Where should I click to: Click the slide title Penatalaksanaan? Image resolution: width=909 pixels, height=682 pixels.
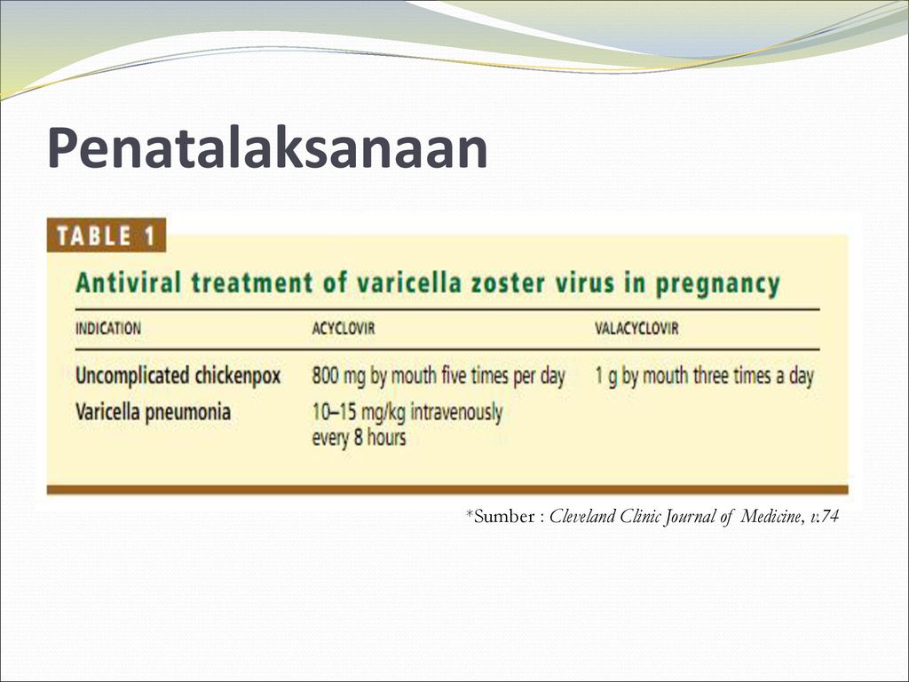tap(267, 147)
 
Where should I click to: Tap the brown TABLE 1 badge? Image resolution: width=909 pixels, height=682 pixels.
tap(107, 235)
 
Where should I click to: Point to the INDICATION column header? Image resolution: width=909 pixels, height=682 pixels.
tap(108, 329)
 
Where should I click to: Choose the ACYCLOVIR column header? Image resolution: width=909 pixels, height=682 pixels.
tap(344, 329)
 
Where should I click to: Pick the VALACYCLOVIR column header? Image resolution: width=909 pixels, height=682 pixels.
tap(636, 329)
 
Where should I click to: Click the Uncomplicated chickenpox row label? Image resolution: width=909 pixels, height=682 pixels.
tap(178, 376)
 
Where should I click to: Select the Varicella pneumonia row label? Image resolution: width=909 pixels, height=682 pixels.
tap(153, 412)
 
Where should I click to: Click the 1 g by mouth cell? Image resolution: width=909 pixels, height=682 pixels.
tap(704, 376)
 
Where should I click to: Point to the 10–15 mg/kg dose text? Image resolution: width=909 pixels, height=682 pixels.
tap(359, 412)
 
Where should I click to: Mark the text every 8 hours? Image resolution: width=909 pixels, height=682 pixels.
tap(359, 437)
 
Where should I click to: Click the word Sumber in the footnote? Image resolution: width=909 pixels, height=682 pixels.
tap(504, 516)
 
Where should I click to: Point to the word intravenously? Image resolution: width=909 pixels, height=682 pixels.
tap(457, 412)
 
